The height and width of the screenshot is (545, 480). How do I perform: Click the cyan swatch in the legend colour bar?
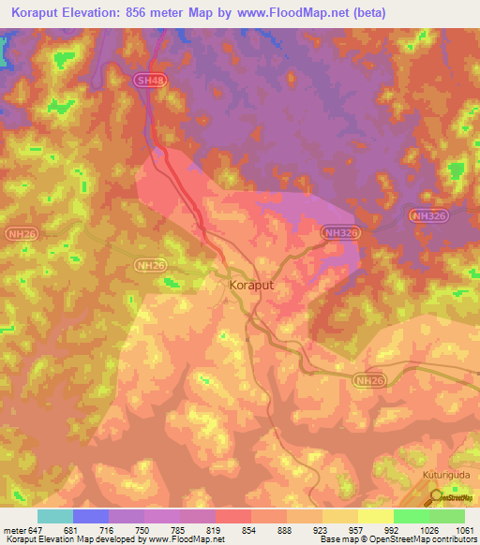pos(55,516)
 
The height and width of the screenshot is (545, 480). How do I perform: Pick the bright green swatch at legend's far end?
pos(447,516)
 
